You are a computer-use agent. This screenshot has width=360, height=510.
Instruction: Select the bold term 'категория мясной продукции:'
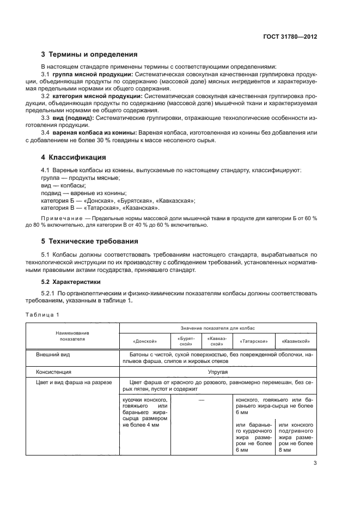(x=96, y=96)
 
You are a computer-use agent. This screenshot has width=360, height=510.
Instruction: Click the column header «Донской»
(x=145, y=341)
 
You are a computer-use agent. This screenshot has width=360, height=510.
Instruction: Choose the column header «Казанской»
(x=296, y=341)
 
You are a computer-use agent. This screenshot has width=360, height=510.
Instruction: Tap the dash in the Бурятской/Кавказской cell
(x=202, y=400)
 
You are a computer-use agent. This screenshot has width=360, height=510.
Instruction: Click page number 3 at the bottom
(x=315, y=464)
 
